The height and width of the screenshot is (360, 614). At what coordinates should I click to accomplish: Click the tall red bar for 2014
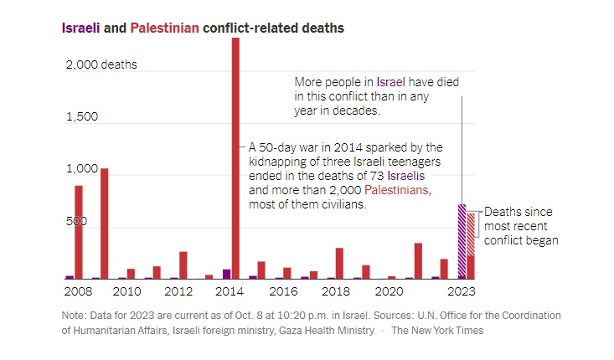point(235,159)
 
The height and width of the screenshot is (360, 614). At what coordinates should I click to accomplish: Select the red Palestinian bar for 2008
point(79,232)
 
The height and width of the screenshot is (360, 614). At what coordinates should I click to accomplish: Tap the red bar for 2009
point(105,224)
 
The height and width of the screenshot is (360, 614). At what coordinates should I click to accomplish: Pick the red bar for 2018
point(339,263)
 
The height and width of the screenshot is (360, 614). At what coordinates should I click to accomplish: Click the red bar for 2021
point(418,260)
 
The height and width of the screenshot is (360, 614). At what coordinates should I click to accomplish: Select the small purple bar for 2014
point(226,274)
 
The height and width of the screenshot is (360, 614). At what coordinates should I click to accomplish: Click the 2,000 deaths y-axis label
point(101,64)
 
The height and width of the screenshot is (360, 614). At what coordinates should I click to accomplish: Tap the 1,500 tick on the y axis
point(81,117)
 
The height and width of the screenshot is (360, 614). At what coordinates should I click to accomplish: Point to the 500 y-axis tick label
point(77,223)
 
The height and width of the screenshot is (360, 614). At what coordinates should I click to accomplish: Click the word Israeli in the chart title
point(80,28)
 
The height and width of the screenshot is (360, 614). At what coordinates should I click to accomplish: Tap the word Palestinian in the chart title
point(165,28)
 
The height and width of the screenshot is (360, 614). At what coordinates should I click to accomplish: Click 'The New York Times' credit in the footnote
point(437,331)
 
